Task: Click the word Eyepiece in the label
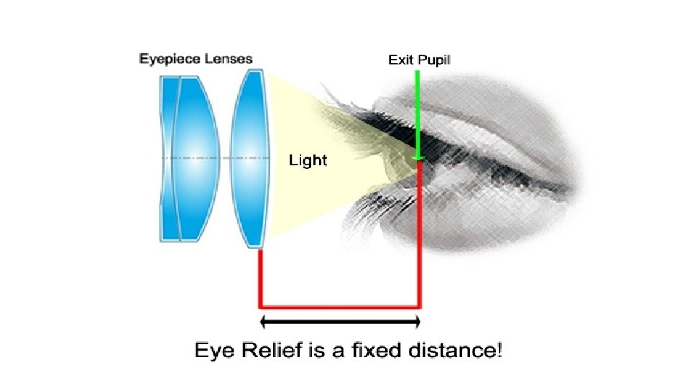click(165, 59)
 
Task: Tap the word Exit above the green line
click(400, 60)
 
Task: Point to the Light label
click(308, 160)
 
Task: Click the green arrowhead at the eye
click(418, 157)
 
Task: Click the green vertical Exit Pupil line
click(418, 108)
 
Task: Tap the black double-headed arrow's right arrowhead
click(415, 321)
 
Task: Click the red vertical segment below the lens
click(259, 277)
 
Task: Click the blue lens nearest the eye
click(252, 158)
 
